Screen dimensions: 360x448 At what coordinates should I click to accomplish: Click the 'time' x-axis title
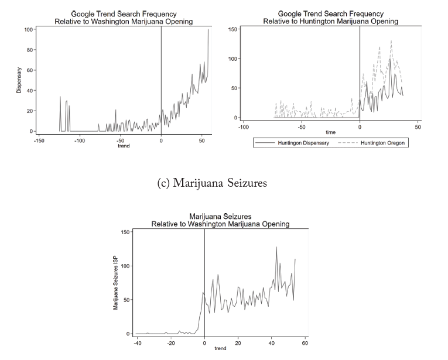coord(331,133)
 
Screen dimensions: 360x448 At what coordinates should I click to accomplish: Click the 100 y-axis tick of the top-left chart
coord(28,29)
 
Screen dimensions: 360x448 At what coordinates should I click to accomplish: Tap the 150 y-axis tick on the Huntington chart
coord(232,29)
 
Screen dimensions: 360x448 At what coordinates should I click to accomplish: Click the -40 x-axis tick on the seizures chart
coord(137,343)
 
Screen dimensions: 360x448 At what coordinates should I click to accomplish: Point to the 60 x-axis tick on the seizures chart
coord(305,343)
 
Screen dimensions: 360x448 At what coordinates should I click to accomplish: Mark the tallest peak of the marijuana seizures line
coord(276,247)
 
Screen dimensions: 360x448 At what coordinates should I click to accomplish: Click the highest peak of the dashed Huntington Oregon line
coord(391,41)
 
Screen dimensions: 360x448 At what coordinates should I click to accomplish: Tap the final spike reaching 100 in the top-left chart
coord(208,29)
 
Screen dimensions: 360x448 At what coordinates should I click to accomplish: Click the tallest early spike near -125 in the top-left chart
coord(60,97)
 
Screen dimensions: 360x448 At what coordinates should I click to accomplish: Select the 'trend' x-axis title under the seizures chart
coord(220,349)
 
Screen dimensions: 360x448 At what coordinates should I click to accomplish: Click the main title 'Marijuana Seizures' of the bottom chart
coord(220,217)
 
